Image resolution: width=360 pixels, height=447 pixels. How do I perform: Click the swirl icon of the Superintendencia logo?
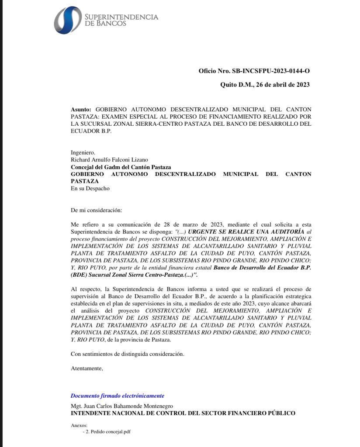pos(68,20)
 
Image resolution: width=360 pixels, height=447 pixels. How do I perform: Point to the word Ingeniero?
pos(83,152)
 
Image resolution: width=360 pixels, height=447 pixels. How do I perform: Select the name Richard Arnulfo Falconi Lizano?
pos(109,160)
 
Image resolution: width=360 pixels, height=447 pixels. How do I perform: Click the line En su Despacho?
pos(90,189)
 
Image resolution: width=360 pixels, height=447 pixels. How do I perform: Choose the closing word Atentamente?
pos(87,368)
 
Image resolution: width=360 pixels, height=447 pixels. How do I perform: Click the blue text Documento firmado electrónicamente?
pos(118,396)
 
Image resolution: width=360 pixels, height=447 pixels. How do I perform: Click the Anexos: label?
pos(79,425)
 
